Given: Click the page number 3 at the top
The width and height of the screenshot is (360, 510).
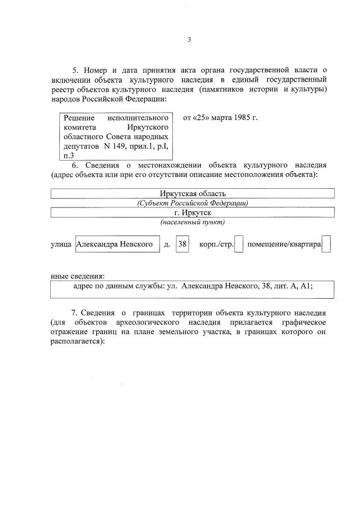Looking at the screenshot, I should coord(189,39).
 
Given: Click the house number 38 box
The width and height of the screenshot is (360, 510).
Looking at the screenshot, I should coord(183,245).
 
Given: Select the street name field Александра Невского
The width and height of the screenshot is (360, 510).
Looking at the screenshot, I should coord(117,245).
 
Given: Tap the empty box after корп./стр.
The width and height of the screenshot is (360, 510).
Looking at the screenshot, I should coord(239,245).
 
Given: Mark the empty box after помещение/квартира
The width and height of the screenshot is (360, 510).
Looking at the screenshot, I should coord(326,245).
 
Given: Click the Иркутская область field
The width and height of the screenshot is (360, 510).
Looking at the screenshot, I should coord(193,194).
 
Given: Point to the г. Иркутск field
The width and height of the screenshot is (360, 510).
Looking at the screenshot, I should coord(193,212).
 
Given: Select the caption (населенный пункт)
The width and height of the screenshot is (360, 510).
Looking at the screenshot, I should coord(193,222).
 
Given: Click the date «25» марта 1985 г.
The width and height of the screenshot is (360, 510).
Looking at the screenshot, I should coord(220,118).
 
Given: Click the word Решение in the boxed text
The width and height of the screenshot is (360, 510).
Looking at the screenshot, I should coord(78,118).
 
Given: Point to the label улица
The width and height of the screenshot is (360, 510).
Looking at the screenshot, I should coord(61,245).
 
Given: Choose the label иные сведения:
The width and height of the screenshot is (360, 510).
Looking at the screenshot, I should coord(77,276).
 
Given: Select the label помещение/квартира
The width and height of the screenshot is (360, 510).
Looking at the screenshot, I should coord(285,245).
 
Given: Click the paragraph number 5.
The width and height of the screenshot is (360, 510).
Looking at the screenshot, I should coord(75,70).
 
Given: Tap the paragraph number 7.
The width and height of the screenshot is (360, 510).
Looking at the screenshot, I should coord(74,312).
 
